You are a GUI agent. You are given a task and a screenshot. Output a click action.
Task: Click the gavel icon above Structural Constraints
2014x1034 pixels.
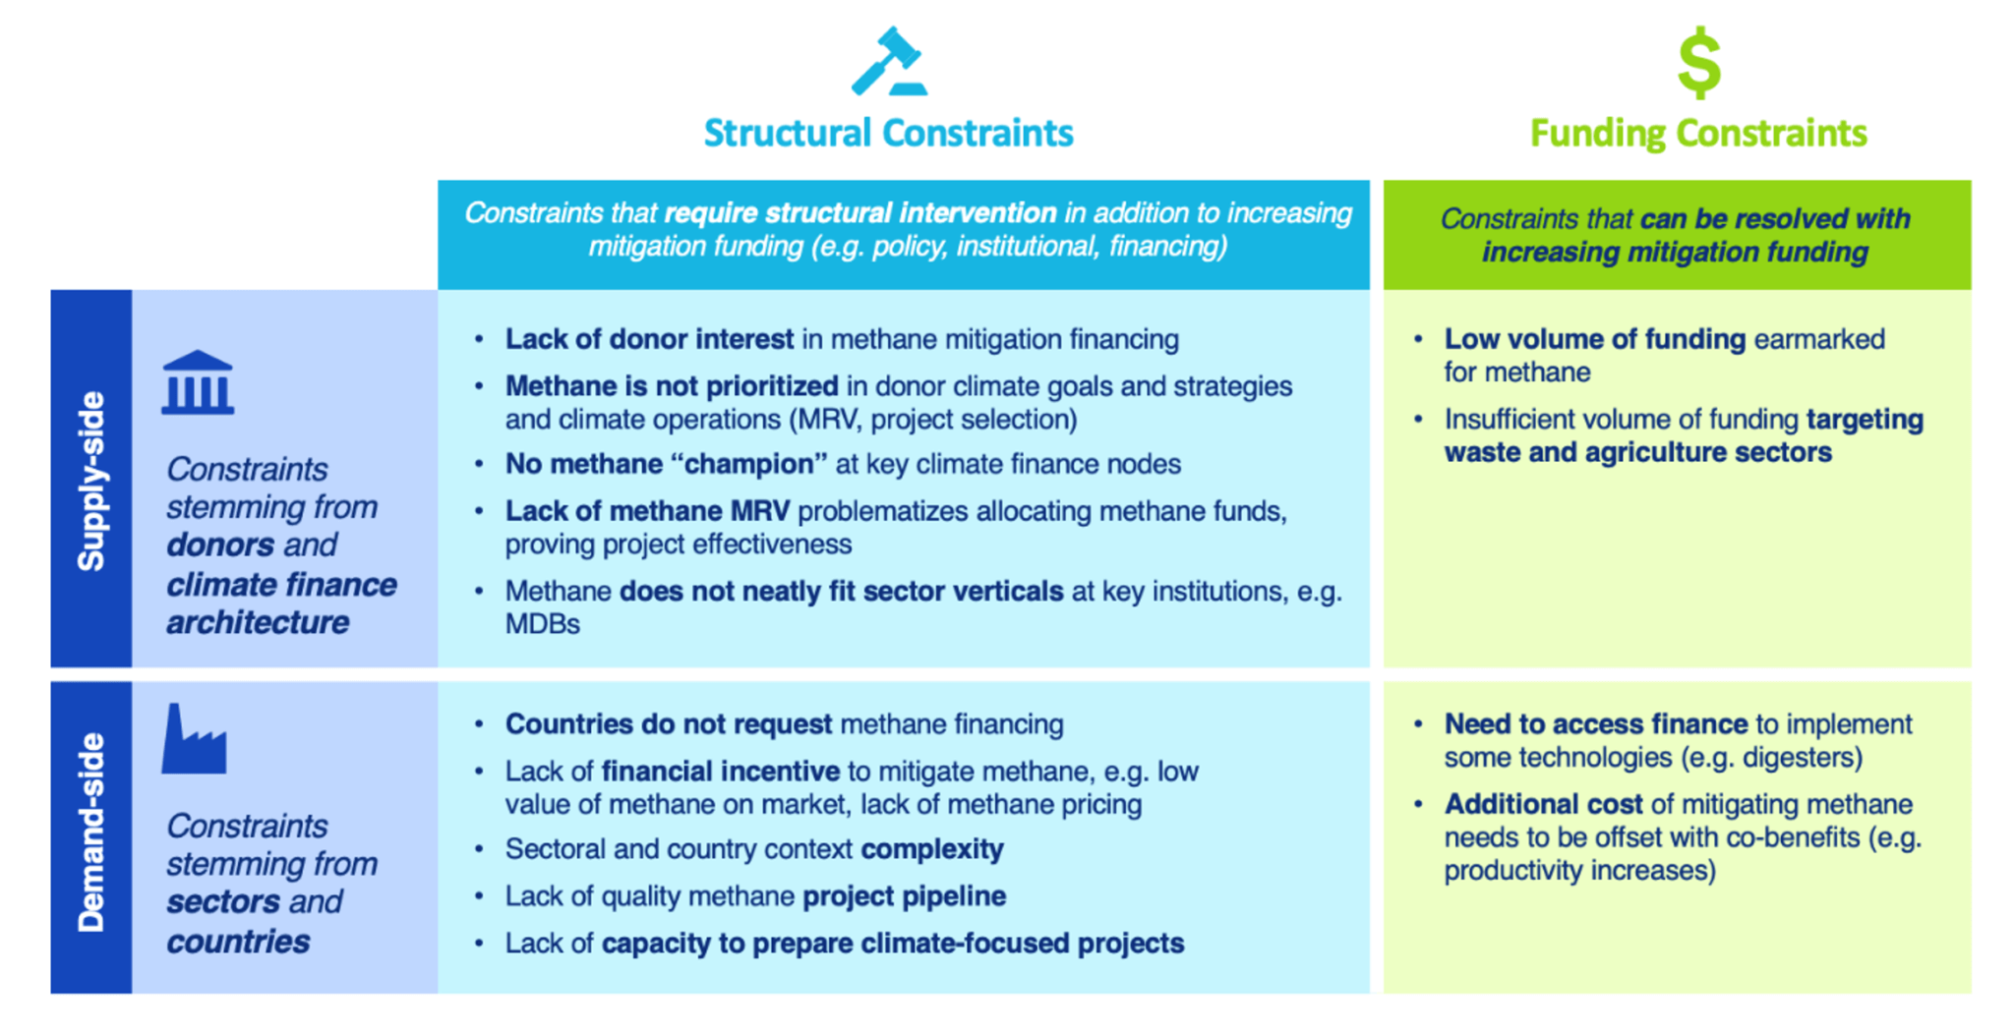[888, 62]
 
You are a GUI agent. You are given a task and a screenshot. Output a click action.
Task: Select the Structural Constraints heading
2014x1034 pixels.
[888, 133]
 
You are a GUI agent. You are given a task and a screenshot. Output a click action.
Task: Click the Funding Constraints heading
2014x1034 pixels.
[1698, 133]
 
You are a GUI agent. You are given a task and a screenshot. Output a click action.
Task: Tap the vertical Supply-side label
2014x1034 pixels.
[91, 480]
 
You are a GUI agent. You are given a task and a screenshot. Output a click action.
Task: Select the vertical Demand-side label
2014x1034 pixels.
[91, 833]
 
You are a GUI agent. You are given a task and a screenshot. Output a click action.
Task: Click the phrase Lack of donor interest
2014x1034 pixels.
[649, 339]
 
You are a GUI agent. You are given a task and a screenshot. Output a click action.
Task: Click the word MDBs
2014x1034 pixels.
[542, 624]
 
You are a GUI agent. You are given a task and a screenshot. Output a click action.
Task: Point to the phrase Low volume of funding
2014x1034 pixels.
[1594, 339]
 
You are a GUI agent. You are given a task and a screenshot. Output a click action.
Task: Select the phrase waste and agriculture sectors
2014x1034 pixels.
[1637, 452]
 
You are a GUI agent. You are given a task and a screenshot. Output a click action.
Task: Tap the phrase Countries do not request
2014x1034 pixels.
[669, 724]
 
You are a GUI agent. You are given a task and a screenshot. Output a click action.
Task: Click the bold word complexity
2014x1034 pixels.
[932, 849]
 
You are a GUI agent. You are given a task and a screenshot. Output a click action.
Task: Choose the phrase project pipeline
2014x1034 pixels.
[904, 896]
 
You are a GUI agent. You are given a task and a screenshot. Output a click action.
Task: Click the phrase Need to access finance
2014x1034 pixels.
[1595, 724]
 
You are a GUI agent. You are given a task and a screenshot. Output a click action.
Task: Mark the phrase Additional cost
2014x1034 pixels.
[1543, 804]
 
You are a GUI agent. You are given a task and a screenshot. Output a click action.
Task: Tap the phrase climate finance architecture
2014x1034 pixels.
[280, 603]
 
